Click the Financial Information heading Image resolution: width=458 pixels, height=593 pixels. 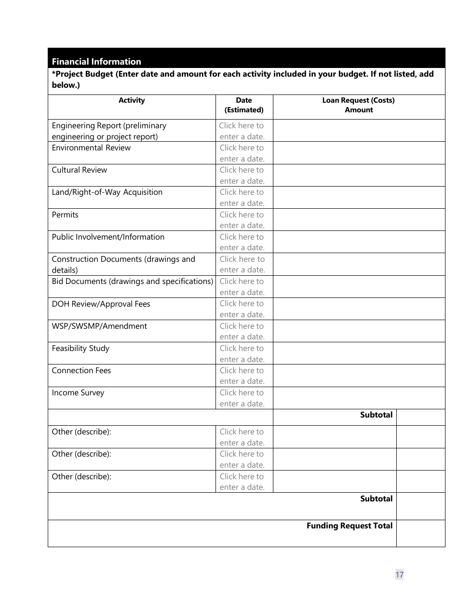96,62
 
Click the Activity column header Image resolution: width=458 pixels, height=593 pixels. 132,100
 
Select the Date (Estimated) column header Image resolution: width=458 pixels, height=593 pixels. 244,105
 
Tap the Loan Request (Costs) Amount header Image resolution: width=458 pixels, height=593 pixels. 358,105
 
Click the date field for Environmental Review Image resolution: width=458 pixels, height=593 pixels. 242,153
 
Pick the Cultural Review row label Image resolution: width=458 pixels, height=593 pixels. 80,170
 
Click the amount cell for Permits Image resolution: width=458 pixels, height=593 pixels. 358,220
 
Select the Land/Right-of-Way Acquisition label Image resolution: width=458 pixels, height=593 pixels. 107,192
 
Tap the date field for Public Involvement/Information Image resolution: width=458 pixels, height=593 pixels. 242,242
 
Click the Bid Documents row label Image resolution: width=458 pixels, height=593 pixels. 132,282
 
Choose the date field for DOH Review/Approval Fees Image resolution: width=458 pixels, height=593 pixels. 242,309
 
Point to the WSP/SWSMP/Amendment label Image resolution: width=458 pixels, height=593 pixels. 99,326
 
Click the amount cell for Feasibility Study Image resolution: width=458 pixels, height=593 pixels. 358,353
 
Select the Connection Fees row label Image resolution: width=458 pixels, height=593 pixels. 81,371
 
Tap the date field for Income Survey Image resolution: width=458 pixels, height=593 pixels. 242,398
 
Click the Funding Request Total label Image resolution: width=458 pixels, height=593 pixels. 350,526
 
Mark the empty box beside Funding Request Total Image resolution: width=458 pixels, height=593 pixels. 420,533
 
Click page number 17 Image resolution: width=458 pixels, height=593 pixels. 399,575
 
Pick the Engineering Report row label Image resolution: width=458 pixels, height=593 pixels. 109,131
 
